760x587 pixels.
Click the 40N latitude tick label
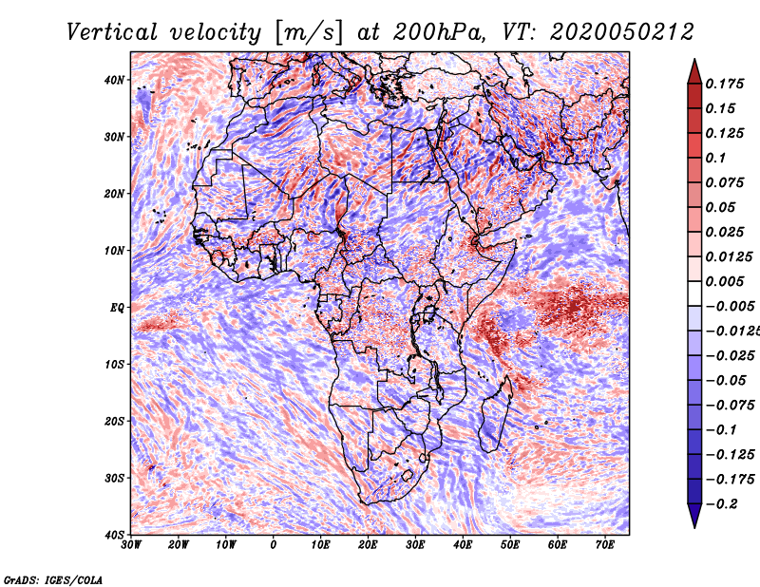114,80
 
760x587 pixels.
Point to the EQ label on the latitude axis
117,308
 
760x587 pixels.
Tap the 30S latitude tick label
114,478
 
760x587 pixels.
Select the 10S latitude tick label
114,364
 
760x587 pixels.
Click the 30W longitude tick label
131,545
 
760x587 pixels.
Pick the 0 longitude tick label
274,545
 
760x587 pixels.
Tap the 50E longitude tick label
510,545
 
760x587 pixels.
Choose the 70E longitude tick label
605,545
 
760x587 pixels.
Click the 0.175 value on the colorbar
724,84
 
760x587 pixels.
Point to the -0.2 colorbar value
721,504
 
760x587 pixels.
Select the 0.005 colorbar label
724,281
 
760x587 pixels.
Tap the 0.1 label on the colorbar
715,158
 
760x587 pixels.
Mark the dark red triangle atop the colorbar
694,72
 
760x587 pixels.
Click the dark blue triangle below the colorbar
694,516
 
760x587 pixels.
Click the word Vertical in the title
112,32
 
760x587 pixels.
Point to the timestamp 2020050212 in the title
622,32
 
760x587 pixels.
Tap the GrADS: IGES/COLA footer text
53,579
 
